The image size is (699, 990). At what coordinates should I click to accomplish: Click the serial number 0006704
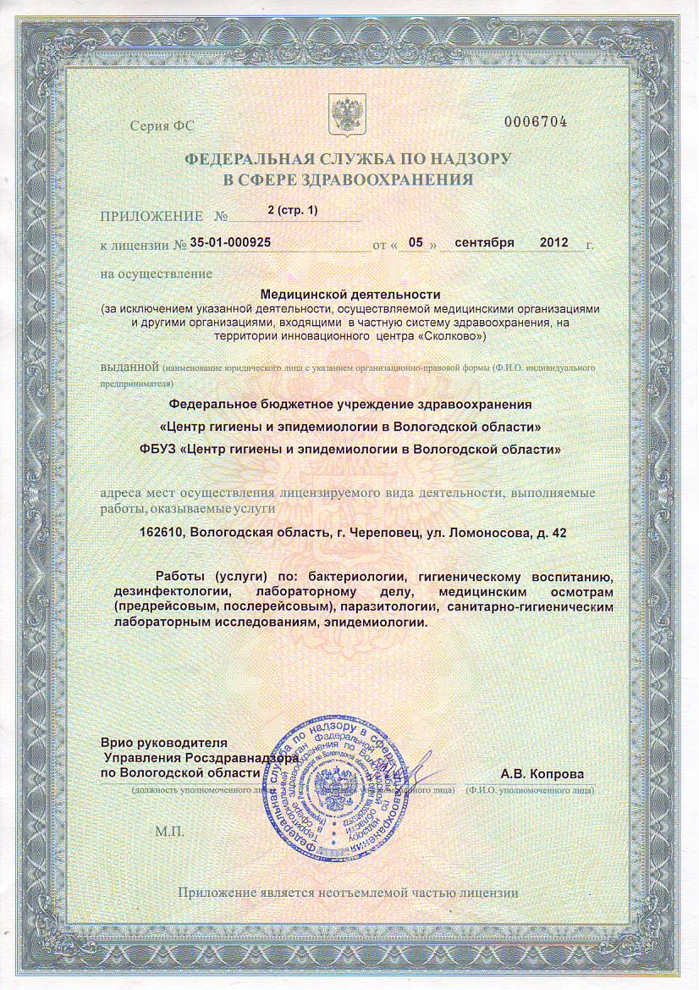point(535,122)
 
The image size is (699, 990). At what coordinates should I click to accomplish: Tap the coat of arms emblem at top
point(345,115)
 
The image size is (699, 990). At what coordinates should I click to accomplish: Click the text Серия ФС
point(162,125)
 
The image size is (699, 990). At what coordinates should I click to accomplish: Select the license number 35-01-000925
point(230,242)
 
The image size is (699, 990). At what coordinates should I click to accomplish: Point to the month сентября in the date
point(484,242)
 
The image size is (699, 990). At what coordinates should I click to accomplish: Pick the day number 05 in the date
point(416,242)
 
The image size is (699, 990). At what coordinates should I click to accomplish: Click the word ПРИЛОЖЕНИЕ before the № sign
point(151,216)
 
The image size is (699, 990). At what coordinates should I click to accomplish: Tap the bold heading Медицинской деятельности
point(351,292)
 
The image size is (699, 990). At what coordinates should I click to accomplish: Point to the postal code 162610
point(162,533)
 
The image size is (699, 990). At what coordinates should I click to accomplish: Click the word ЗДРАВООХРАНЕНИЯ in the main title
point(402,179)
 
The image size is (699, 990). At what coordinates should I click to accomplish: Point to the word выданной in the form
point(129,367)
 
